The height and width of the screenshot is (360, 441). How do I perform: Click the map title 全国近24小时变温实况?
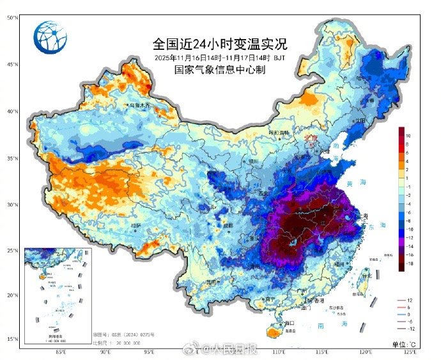coord(219,44)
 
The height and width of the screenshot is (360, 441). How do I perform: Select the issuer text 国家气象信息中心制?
coord(219,69)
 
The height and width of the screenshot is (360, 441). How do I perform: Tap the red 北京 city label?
coord(311,137)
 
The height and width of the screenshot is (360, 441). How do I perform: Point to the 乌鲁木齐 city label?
coord(139,104)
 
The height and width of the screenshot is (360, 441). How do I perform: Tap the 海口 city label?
coord(271,324)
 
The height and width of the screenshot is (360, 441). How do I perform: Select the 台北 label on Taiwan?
coord(367,276)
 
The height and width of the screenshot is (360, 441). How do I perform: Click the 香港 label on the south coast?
coord(318,301)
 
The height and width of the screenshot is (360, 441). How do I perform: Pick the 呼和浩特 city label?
coord(279,133)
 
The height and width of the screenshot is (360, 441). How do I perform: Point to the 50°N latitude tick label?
coord(12,18)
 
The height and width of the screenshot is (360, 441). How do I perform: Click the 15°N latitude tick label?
coord(12,339)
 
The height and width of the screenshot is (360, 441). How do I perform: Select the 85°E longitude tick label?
coord(61,352)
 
